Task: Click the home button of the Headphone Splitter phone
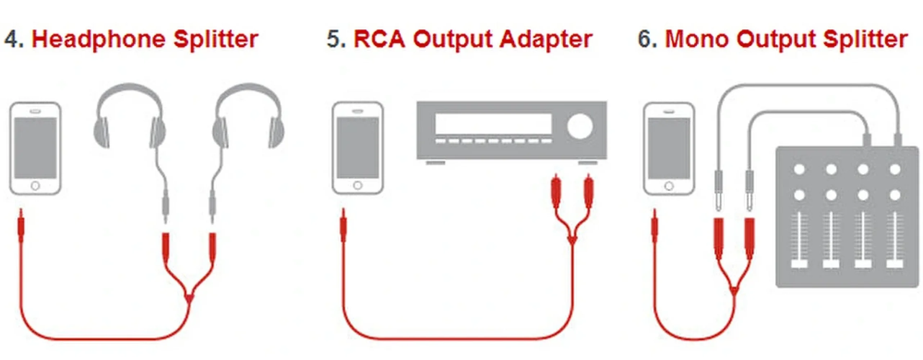click(35, 186)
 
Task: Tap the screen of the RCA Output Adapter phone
click(357, 148)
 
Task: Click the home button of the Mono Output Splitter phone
click(669, 186)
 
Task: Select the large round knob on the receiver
click(580, 126)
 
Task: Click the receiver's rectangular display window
click(493, 124)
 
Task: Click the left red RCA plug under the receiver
click(556, 191)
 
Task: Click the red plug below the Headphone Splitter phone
click(21, 227)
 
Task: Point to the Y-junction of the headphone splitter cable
click(189, 297)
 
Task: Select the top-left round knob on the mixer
click(799, 169)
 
